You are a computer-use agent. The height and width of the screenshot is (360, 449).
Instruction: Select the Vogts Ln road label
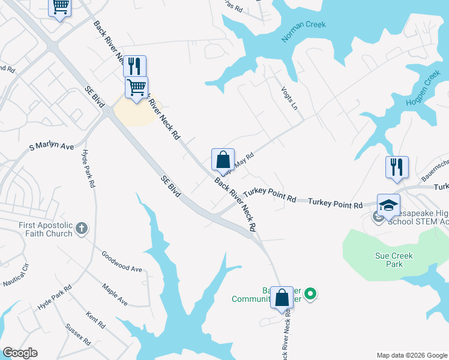(x=289, y=97)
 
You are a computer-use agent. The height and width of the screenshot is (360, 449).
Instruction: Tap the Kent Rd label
(x=95, y=320)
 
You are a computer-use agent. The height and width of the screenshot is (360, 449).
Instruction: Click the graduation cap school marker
(x=388, y=205)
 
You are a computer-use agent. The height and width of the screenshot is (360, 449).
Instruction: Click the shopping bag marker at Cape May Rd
(x=223, y=160)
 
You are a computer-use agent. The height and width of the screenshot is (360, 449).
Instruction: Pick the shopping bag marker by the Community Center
(x=282, y=296)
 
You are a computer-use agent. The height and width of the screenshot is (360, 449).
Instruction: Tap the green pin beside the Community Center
(x=310, y=294)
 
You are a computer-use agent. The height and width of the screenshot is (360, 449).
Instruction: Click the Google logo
(x=20, y=353)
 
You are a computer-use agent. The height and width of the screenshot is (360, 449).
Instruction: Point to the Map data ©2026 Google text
(x=412, y=355)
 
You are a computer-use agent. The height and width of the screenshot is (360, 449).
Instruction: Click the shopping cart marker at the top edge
(x=59, y=7)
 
